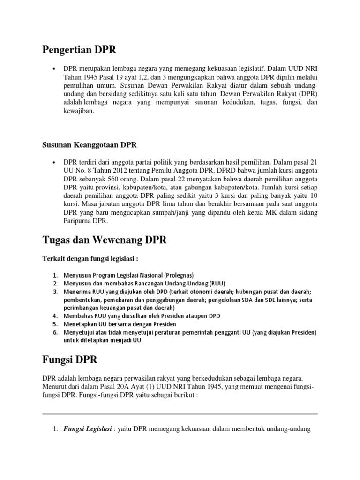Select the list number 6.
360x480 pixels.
click(x=55, y=332)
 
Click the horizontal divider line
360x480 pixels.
click(x=180, y=414)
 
